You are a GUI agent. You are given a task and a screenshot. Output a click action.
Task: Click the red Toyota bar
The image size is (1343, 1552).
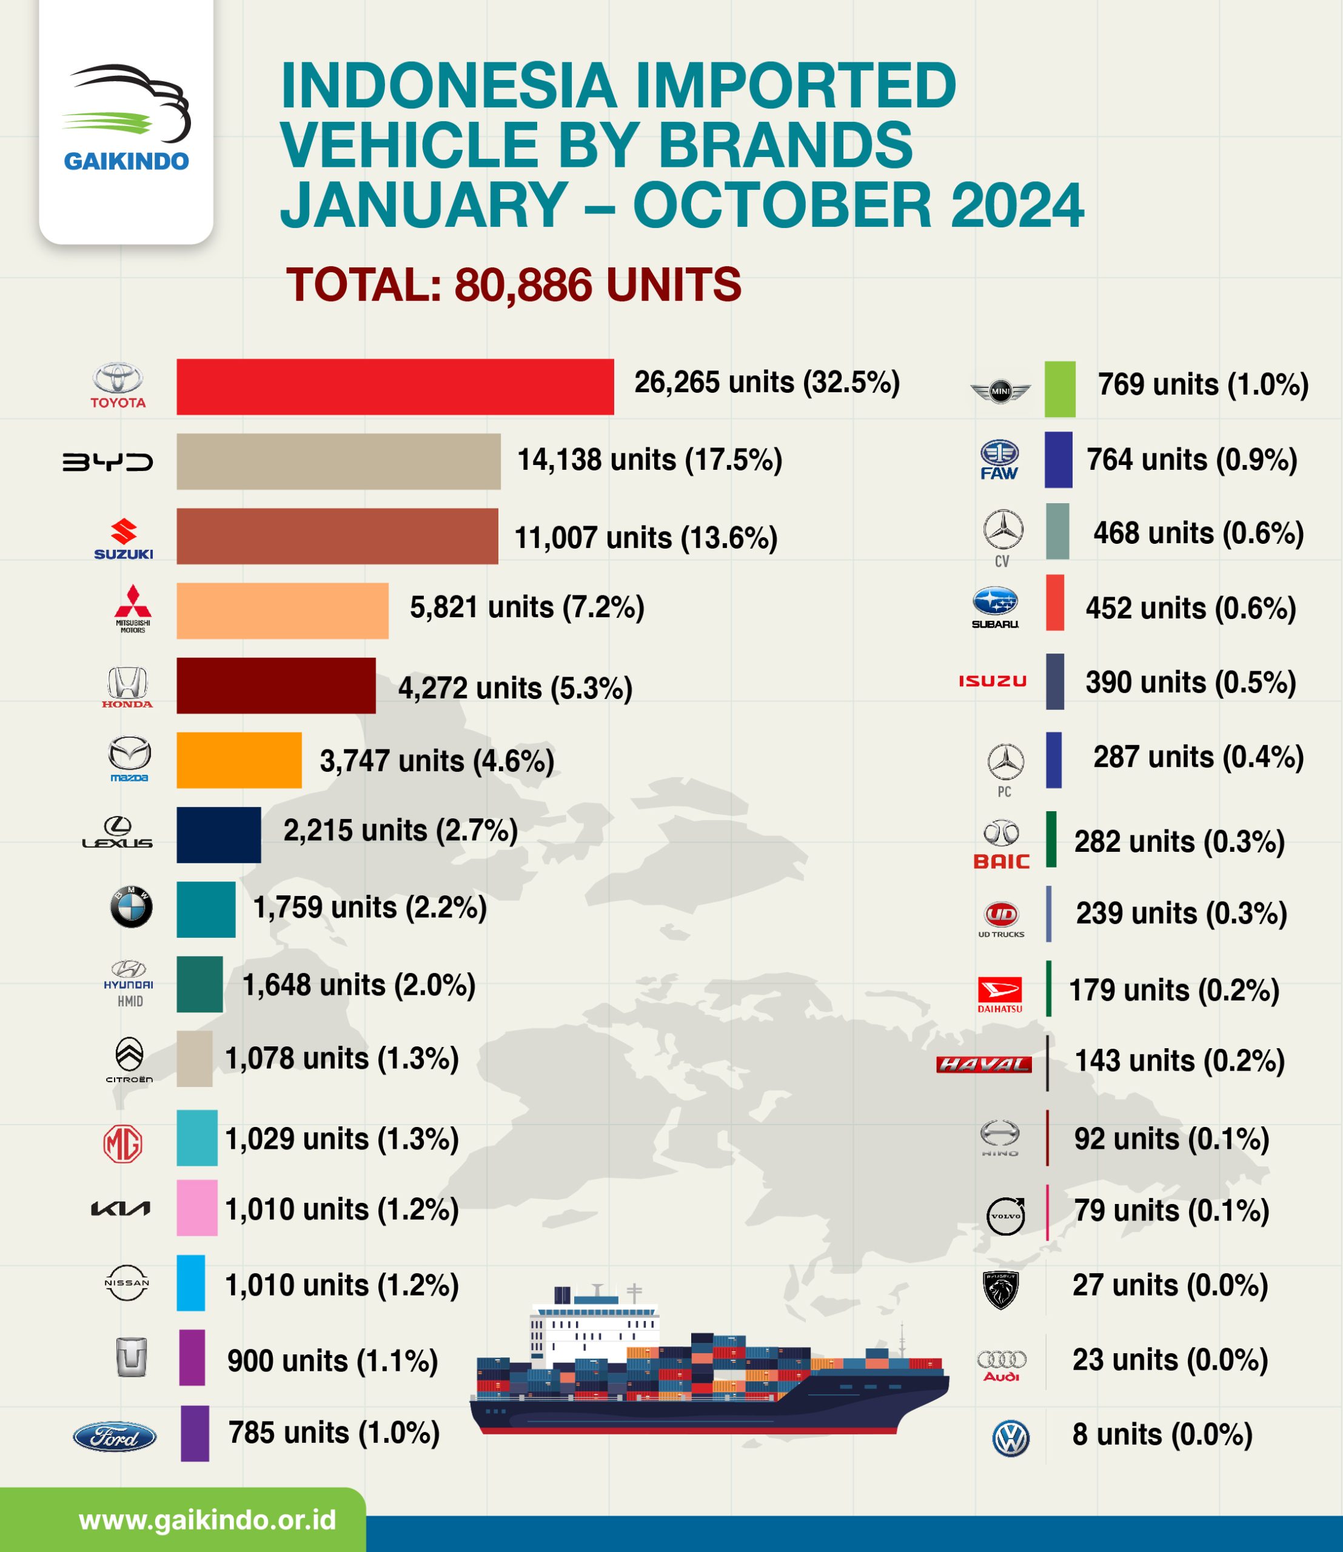(395, 387)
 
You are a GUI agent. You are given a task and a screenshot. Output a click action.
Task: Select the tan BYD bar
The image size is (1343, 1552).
(338, 461)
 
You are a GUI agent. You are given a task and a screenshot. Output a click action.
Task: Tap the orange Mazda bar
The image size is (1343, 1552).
(239, 760)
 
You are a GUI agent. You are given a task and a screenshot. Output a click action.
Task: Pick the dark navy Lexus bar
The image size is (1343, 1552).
(219, 835)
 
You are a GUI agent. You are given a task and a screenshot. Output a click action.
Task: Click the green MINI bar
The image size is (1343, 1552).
(1060, 389)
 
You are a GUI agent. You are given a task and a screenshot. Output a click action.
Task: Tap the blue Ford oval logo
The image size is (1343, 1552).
(115, 1437)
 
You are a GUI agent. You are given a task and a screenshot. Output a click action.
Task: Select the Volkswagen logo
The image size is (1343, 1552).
(1010, 1438)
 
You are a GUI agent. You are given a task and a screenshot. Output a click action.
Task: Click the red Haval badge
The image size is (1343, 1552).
(983, 1063)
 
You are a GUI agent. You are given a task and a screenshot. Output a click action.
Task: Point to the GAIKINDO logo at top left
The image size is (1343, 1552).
(126, 120)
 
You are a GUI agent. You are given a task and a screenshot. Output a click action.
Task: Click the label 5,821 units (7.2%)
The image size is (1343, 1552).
(527, 607)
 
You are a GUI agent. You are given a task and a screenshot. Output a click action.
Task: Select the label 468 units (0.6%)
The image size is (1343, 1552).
(1197, 533)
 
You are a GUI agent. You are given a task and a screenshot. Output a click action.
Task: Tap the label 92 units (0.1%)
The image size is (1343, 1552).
(1171, 1139)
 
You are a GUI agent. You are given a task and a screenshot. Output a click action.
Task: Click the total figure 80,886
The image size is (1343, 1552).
(523, 286)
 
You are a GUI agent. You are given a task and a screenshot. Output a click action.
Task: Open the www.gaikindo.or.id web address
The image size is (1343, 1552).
(207, 1520)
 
